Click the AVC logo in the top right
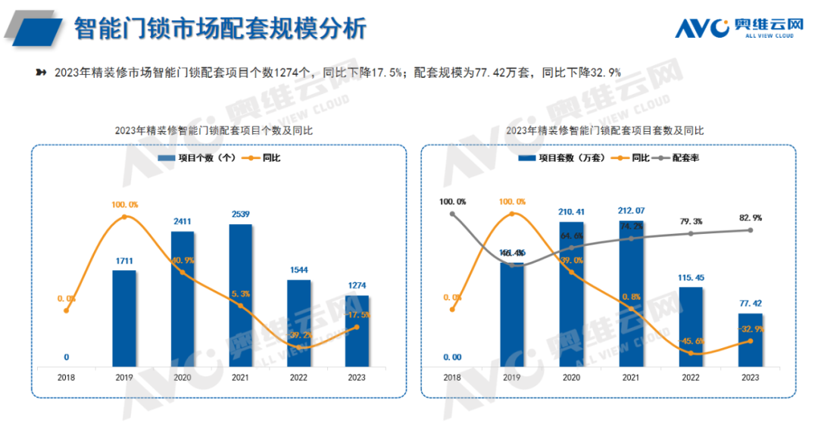point(738,27)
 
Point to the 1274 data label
point(357,285)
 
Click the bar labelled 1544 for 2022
point(298,323)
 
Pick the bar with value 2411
point(183,299)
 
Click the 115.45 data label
point(691,277)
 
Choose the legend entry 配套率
point(685,158)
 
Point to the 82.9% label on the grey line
point(750,218)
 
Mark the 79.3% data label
point(691,222)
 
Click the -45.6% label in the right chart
point(691,340)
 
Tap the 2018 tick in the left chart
point(66,377)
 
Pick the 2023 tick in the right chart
point(750,377)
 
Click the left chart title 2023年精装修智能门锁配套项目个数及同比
point(214,130)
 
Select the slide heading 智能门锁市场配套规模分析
point(220,29)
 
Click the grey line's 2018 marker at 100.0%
point(452,213)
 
